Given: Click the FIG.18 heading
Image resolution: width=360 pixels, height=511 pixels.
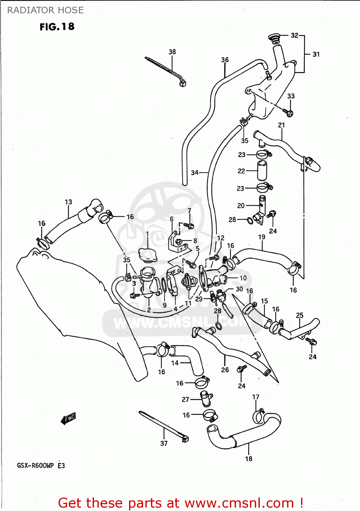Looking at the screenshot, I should click(x=57, y=27).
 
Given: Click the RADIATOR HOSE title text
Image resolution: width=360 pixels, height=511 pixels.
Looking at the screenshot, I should click(x=45, y=10).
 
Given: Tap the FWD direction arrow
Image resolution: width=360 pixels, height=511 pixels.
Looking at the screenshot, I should click(x=68, y=418).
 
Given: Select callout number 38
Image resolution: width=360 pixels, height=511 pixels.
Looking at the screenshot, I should click(x=172, y=52).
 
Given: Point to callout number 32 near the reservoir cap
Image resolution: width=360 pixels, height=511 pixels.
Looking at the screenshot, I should click(x=295, y=35).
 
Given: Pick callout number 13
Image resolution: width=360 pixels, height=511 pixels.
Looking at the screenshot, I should click(x=68, y=202).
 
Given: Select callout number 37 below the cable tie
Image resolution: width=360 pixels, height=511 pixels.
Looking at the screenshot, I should click(x=164, y=443).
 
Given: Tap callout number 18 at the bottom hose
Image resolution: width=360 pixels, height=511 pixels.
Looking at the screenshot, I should click(x=249, y=459).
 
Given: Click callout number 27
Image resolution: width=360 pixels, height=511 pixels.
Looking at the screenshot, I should click(x=185, y=399).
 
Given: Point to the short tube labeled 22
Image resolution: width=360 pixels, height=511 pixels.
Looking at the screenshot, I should click(x=262, y=170).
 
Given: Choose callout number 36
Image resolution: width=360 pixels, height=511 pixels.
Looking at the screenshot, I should click(x=225, y=60).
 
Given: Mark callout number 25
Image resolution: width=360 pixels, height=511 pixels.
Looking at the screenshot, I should click(x=300, y=315).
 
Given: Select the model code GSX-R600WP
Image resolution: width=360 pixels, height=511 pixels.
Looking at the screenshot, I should click(x=35, y=466).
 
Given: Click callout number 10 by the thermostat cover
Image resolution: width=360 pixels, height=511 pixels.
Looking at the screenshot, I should click(x=243, y=278).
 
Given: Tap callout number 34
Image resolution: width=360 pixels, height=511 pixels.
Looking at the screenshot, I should click(x=194, y=172).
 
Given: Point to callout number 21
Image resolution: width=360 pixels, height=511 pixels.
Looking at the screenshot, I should click(x=281, y=125).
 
